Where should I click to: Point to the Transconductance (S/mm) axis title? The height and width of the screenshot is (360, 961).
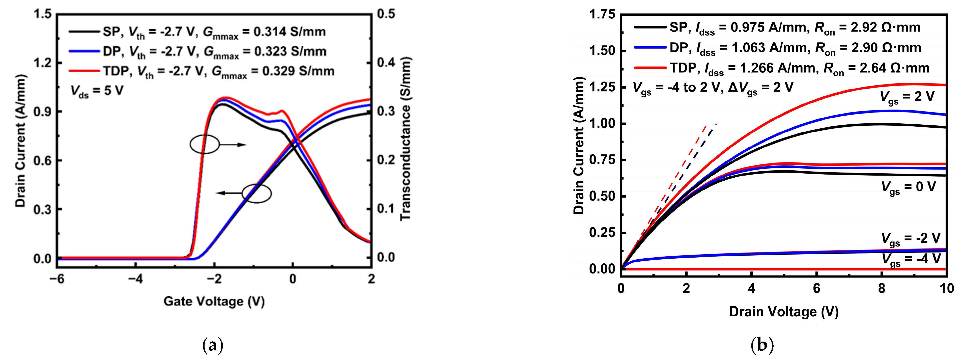[x=406, y=139]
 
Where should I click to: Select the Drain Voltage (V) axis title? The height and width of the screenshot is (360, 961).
[x=784, y=312]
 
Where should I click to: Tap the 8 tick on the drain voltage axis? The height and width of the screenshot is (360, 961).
[x=882, y=288]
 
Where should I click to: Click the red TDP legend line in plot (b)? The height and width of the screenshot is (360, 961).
[x=650, y=68]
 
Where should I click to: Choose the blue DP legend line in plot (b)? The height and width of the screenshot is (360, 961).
[x=650, y=47]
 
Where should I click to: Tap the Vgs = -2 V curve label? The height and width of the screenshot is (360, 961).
[x=910, y=239]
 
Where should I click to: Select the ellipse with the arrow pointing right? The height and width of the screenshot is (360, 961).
[x=205, y=144]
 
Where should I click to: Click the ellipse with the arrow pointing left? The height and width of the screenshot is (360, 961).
[x=257, y=193]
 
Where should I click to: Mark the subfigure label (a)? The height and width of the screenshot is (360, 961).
[x=213, y=345]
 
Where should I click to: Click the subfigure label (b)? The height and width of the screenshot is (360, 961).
[x=761, y=345]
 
